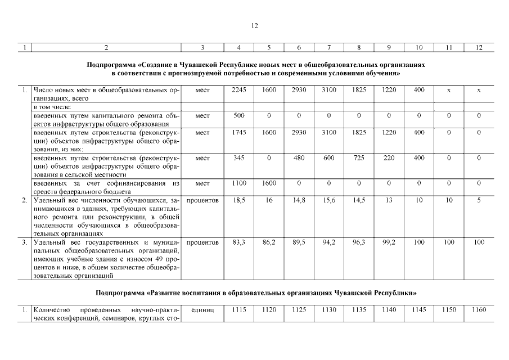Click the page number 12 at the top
(254, 26)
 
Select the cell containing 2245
(239, 89)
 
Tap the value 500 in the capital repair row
(239, 115)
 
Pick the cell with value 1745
(239, 132)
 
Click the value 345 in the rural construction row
(239, 158)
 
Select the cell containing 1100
(239, 183)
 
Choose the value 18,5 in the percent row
(239, 200)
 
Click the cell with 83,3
(239, 242)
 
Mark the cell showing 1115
(239, 310)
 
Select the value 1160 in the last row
(479, 310)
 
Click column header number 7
(328, 48)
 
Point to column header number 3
(202, 48)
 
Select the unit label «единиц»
(202, 310)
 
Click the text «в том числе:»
(52, 107)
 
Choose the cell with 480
(299, 158)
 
